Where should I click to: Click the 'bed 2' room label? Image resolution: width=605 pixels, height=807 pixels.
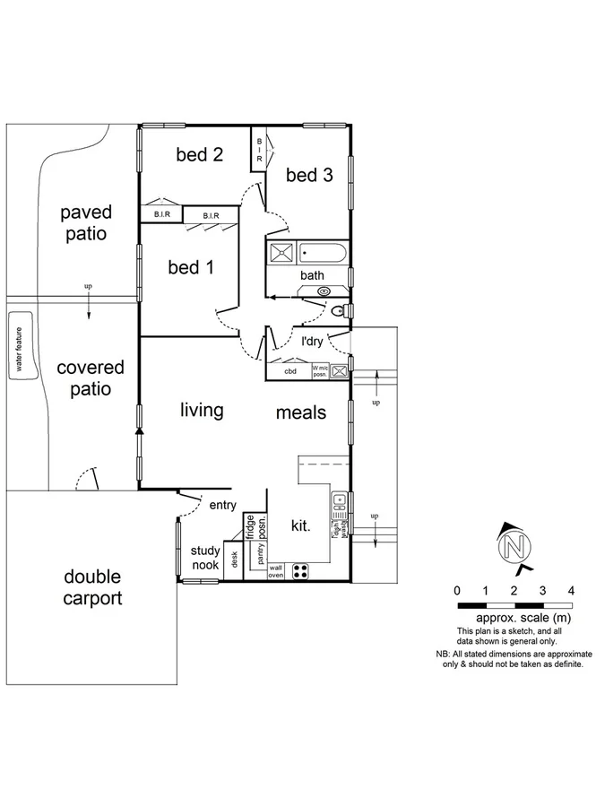point(199,154)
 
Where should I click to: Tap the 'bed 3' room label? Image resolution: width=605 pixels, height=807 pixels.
point(309,175)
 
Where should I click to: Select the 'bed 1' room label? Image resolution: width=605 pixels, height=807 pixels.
point(190,267)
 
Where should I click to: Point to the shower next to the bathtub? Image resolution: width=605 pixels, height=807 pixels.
point(281,252)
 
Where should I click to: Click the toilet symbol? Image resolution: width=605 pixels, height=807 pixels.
point(341,310)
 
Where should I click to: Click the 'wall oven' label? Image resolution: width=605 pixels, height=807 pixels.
point(276,570)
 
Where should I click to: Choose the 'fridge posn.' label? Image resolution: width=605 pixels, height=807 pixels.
point(256,527)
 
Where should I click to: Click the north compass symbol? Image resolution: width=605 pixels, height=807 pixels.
point(514,546)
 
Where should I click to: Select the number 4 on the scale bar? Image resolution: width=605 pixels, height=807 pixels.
point(571,591)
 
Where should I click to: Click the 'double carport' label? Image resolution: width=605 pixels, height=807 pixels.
point(91,587)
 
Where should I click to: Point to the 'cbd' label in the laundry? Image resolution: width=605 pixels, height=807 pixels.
point(290,370)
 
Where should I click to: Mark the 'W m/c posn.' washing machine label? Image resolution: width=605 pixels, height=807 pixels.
point(319,370)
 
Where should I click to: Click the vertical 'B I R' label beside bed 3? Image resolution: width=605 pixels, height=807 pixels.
point(259,149)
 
